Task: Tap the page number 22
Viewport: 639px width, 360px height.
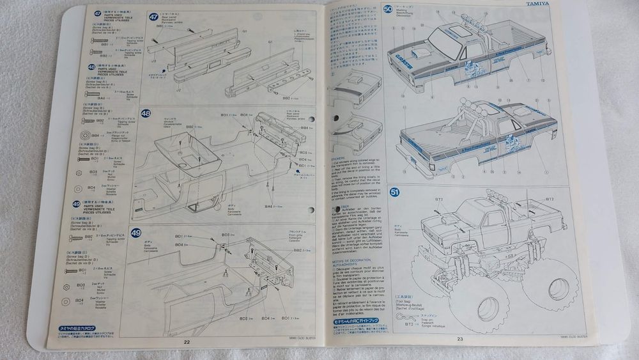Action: [x=187, y=341]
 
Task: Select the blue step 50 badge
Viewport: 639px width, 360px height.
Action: [x=389, y=10]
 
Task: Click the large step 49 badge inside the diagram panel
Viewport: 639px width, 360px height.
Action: [x=136, y=233]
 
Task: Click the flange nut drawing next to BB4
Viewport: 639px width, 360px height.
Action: [x=85, y=136]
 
